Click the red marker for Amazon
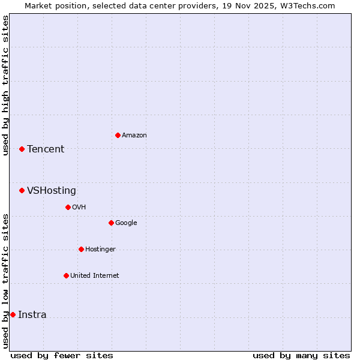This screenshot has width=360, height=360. click(x=118, y=135)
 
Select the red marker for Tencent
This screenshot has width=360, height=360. click(x=22, y=149)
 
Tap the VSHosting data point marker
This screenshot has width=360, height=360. click(x=22, y=190)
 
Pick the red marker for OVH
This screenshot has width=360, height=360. click(x=68, y=207)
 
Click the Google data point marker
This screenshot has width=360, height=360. click(x=111, y=223)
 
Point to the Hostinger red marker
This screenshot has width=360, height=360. click(x=81, y=249)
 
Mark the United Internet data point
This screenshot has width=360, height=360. click(x=66, y=275)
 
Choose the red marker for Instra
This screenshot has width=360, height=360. click(x=13, y=314)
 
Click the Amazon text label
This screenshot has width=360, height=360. click(x=134, y=136)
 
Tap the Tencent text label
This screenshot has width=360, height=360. click(x=46, y=149)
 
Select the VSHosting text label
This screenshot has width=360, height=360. click(x=52, y=191)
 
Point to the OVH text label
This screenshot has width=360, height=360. click(x=79, y=208)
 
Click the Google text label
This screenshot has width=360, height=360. click(x=126, y=223)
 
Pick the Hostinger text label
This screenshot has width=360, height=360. click(x=100, y=250)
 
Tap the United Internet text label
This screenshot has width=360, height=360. click(x=95, y=276)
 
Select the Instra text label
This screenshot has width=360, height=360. click(x=32, y=315)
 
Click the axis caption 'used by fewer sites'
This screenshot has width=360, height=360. click(x=62, y=355)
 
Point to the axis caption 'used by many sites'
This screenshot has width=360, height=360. click(x=301, y=355)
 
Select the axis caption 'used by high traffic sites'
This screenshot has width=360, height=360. click(x=5, y=85)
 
